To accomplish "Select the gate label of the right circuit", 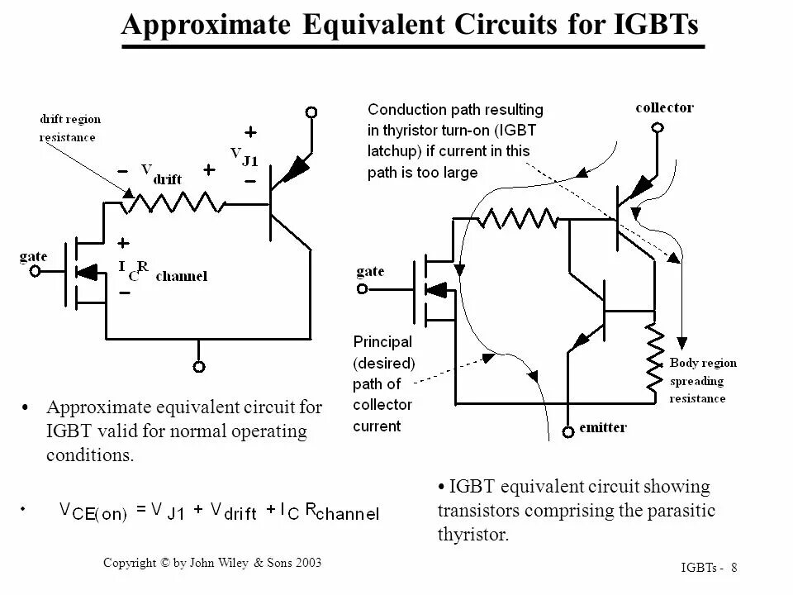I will click(x=370, y=272).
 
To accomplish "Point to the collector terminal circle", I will click(x=657, y=127).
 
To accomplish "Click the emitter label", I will click(x=604, y=427).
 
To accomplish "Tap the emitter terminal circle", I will click(x=568, y=431).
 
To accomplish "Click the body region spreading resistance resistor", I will click(x=653, y=356).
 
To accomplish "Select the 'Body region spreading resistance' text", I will click(x=702, y=380).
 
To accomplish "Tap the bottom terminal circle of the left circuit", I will click(x=198, y=366).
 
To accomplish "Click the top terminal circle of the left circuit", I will click(x=311, y=112).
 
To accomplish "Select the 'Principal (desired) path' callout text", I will click(x=383, y=383).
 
